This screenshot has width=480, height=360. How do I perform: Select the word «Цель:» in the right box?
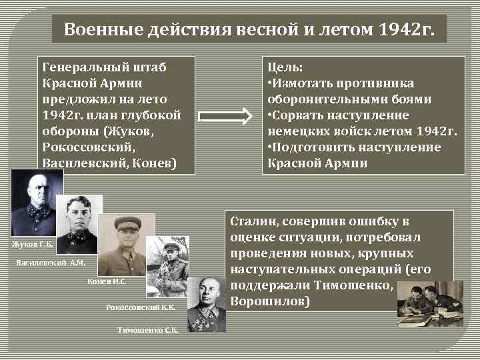[285, 67]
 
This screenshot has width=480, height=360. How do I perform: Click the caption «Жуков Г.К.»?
[31, 245]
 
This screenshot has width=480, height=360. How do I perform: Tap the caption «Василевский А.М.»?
[51, 263]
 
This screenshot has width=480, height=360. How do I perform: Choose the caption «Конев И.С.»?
[107, 282]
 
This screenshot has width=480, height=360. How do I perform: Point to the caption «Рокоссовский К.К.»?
[141, 307]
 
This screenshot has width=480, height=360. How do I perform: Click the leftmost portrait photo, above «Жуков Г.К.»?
[37, 203]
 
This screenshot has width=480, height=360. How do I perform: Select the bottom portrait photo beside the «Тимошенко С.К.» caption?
[207, 303]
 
